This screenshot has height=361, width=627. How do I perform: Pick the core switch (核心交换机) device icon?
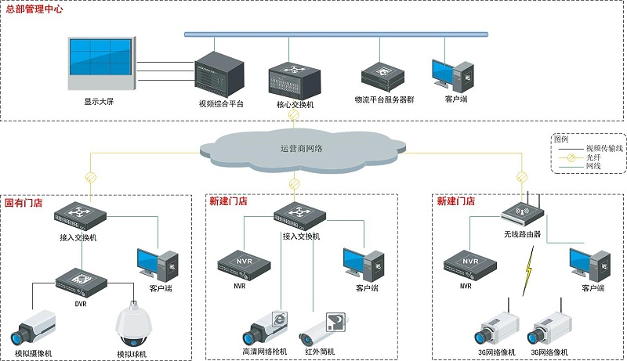click(295, 79)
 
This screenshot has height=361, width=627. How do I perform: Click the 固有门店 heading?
click(24, 203)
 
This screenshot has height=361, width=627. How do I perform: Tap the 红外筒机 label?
click(321, 353)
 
